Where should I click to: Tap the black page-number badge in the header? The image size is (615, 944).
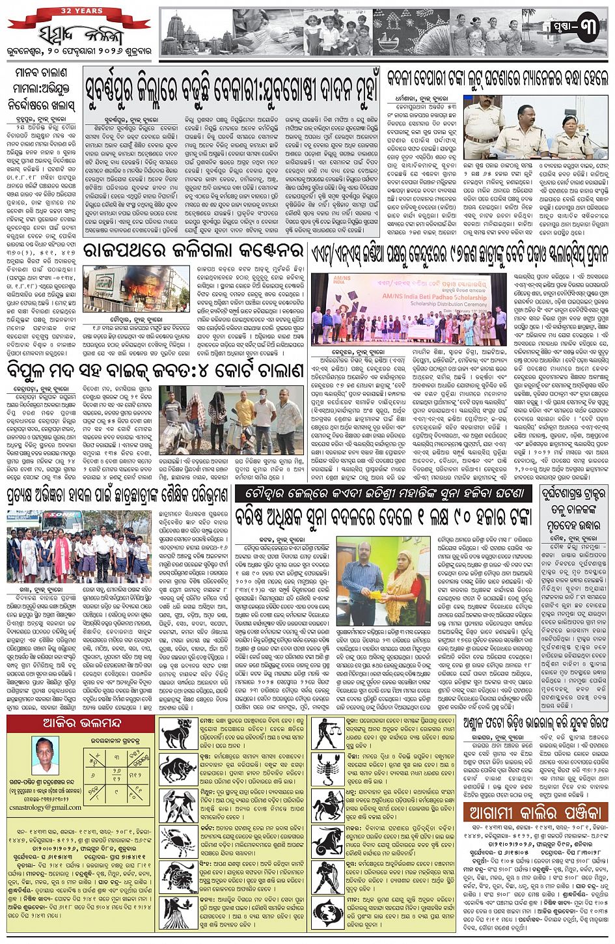[x=579, y=29]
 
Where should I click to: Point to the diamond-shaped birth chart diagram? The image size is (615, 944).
[x=115, y=768]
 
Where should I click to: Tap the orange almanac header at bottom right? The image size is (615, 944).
[x=536, y=812]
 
